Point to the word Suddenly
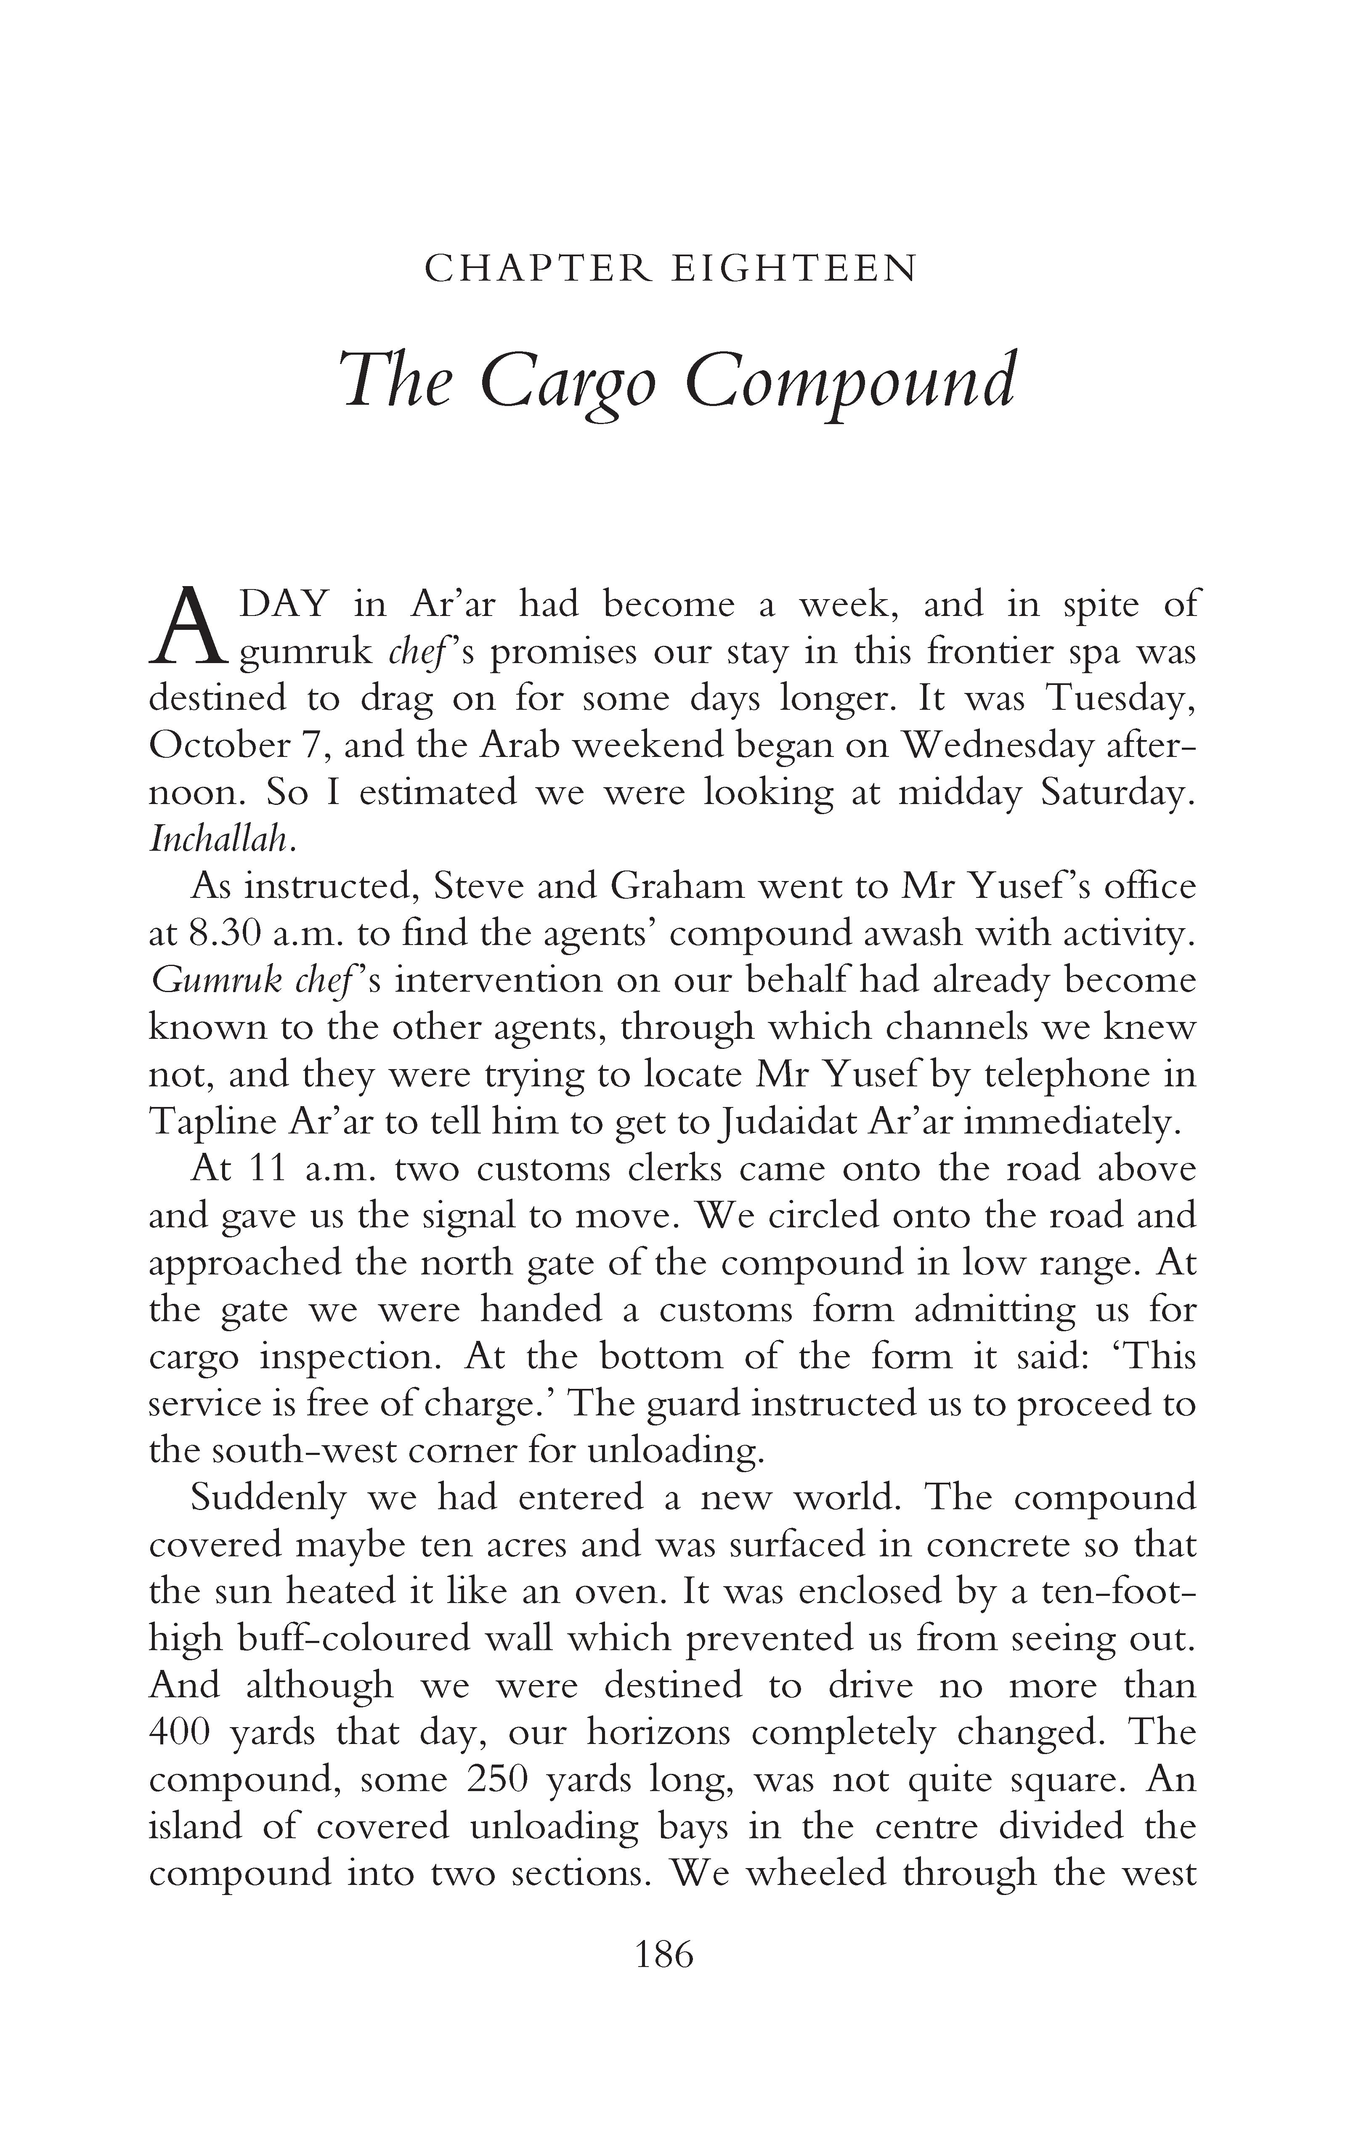point(268,1497)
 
